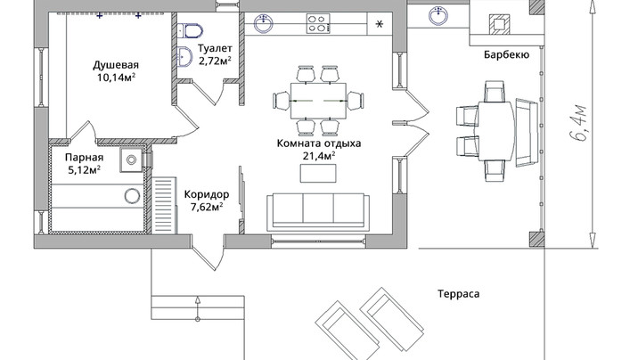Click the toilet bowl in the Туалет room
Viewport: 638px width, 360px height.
190,30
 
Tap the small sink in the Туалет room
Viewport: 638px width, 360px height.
185,56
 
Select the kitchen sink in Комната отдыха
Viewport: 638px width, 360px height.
263,23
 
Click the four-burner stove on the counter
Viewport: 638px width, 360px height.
318,23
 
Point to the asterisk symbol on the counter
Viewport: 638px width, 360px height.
380,24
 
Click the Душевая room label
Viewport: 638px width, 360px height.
116,65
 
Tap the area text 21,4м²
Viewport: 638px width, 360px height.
319,155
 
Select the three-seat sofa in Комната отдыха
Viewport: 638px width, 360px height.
318,211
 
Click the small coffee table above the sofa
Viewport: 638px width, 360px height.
318,173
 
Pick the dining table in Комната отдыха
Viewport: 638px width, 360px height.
318,101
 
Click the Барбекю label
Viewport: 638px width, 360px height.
507,54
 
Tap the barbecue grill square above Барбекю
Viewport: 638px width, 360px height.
500,23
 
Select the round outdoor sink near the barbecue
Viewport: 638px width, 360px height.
438,16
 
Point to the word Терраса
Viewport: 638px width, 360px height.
459,294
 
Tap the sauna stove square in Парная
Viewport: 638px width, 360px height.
131,160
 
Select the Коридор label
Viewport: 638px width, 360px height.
207,194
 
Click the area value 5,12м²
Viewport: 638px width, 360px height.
85,169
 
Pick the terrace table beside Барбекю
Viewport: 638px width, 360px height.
496,131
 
